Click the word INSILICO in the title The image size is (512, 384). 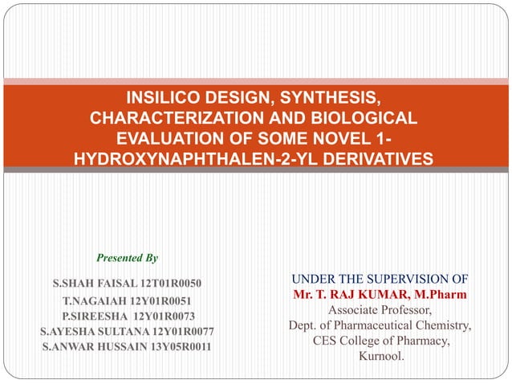[x=168, y=99]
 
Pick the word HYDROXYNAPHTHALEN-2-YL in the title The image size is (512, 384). [x=196, y=161]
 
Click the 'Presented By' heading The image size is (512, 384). [x=127, y=258]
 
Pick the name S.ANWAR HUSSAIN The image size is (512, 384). [x=88, y=346]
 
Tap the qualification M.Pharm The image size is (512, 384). [x=440, y=296]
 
